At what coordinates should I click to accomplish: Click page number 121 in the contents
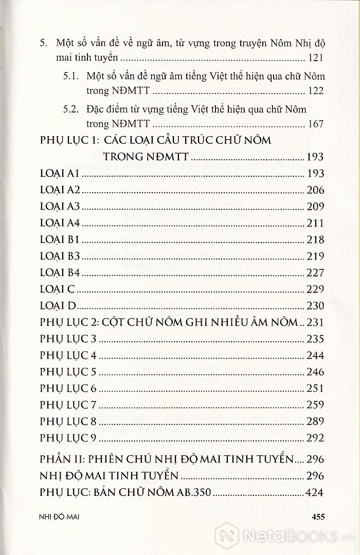[314, 59]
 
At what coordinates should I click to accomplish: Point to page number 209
[314, 207]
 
